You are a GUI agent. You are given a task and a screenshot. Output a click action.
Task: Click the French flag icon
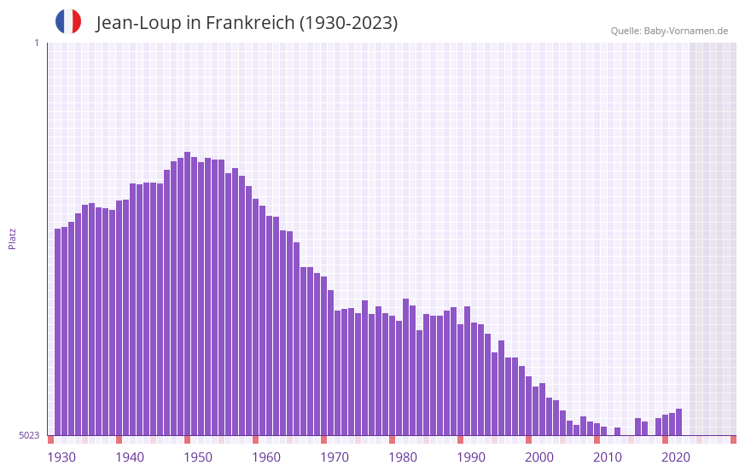point(68,21)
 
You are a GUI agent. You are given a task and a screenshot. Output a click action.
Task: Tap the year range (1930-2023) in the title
point(348,23)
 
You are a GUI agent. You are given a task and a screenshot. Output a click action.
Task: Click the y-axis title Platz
point(12,238)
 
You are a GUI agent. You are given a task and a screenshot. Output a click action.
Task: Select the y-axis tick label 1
point(36,43)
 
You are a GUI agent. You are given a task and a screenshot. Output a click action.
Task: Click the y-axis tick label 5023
point(29,435)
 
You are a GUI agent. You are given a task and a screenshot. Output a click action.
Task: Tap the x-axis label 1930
point(61,457)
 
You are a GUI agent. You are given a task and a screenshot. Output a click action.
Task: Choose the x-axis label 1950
point(198,457)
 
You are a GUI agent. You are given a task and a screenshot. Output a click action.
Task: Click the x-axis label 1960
point(266,457)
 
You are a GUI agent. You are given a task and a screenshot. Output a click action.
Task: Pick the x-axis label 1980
point(403,457)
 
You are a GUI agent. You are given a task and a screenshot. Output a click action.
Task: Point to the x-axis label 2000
point(539,457)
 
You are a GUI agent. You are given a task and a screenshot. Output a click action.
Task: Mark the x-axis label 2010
point(608,457)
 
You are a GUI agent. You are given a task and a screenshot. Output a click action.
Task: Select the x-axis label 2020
point(676,457)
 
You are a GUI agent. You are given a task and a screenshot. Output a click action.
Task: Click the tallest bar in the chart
point(187,294)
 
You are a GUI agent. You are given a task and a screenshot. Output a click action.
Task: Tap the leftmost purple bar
point(58,332)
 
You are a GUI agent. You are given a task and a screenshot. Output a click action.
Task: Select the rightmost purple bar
point(678,422)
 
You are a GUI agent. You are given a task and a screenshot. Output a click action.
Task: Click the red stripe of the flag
point(77,21)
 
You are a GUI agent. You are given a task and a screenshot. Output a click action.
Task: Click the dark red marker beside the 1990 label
point(460,439)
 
